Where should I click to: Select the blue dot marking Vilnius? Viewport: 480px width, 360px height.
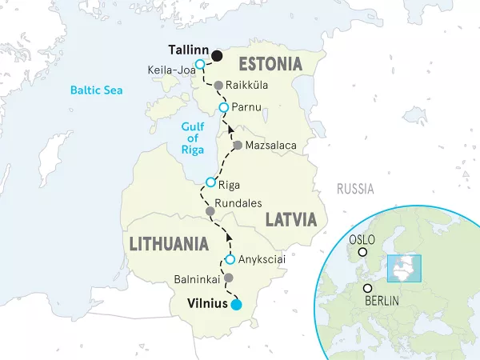coord(235,305)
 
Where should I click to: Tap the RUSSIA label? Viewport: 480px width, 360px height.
coord(354,190)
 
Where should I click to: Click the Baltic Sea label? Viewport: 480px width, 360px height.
coord(96,90)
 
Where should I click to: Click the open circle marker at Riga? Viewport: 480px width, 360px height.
coord(210,182)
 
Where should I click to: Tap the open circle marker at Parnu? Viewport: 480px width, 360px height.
coord(224,108)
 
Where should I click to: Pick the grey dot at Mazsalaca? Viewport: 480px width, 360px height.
coord(237,146)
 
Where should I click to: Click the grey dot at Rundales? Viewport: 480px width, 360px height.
coord(210,212)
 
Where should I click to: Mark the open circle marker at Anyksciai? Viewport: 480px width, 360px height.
coord(230,260)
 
